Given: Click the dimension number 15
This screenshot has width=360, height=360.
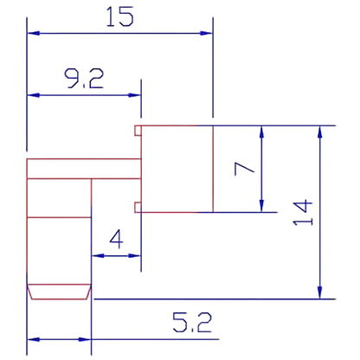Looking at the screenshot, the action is (x=120, y=17).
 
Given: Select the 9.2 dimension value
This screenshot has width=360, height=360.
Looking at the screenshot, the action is (x=84, y=79).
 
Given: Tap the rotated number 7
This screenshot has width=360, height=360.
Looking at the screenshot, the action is (x=244, y=169).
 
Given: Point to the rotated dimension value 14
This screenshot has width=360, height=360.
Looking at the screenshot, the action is (x=303, y=212).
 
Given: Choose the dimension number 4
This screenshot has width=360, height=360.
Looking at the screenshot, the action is (x=116, y=239).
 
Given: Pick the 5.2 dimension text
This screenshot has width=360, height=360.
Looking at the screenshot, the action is (x=192, y=322).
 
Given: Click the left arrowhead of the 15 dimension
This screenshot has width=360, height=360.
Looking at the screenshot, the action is (x=33, y=33).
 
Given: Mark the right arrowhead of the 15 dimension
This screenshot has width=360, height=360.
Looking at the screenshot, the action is (x=207, y=33).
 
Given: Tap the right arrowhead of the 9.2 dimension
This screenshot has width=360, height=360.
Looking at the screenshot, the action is (x=135, y=95).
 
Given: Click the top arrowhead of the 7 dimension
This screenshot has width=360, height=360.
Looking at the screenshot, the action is (x=261, y=132).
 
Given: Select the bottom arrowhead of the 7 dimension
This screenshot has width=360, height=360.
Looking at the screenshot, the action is (x=261, y=206).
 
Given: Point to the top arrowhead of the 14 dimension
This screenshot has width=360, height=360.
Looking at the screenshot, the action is (x=319, y=132).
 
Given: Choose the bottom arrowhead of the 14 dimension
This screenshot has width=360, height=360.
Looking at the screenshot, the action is (x=319, y=292).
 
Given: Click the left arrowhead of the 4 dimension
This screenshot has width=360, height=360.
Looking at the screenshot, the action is (x=98, y=255).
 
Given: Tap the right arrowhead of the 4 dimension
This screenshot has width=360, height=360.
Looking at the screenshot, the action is (x=134, y=255).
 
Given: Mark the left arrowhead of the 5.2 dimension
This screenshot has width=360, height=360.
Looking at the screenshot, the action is (x=33, y=339).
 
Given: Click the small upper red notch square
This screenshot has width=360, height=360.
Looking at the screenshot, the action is (x=138, y=131).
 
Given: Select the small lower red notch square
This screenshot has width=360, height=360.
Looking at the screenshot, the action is (x=138, y=208).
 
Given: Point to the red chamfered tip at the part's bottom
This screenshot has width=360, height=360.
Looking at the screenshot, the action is (x=59, y=292).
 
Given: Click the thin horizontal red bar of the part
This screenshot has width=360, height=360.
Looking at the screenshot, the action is (x=84, y=169).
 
